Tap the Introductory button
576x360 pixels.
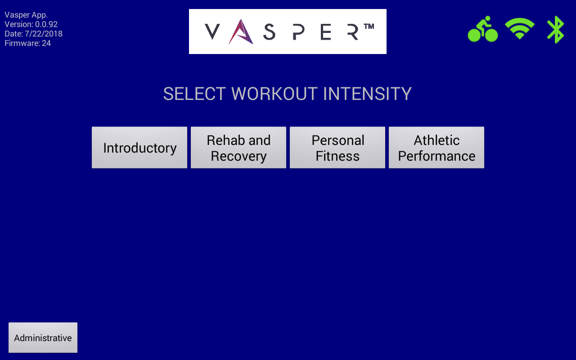click(x=139, y=148)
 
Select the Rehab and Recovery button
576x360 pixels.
click(x=238, y=148)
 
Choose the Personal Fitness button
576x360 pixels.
click(x=337, y=148)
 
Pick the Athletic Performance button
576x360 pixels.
click(x=436, y=148)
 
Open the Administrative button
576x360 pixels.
click(x=43, y=337)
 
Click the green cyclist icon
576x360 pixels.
click(x=483, y=30)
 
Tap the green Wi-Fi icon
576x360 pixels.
click(x=520, y=29)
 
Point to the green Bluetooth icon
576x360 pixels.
click(x=556, y=30)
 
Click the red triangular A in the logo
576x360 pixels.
click(x=241, y=32)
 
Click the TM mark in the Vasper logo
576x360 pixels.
click(x=369, y=27)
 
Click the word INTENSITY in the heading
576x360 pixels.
click(x=367, y=94)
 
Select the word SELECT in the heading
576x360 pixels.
click(x=194, y=94)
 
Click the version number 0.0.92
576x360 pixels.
click(x=46, y=24)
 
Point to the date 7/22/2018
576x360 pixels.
click(x=44, y=34)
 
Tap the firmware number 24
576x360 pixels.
click(x=46, y=43)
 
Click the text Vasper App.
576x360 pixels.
click(x=26, y=15)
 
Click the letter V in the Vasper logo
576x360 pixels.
click(x=212, y=32)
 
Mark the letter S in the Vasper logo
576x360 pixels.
click(x=269, y=32)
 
